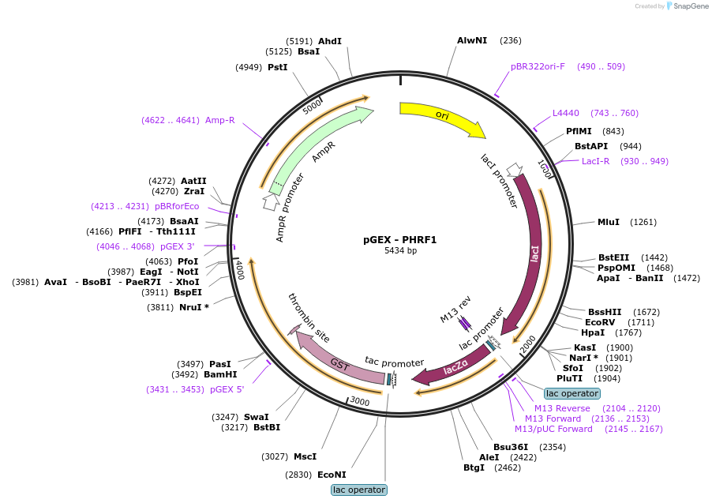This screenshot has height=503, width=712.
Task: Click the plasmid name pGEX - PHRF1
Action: tap(399, 240)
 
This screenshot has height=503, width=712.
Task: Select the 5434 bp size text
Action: tap(400, 250)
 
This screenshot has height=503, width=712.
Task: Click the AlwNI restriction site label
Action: tap(472, 40)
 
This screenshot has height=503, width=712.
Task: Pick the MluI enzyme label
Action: tap(609, 222)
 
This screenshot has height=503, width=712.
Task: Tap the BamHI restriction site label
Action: tap(220, 374)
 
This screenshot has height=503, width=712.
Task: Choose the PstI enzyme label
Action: tap(277, 67)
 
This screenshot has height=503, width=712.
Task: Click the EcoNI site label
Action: tap(332, 475)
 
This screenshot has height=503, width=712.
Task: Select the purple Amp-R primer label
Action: tap(219, 120)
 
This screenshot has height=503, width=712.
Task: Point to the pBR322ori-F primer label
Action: tap(538, 66)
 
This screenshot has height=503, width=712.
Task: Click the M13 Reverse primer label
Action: tap(562, 408)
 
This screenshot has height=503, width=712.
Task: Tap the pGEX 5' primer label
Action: tap(227, 389)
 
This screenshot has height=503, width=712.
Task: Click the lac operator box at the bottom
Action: tap(359, 490)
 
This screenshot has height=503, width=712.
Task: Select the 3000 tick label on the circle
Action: tap(360, 401)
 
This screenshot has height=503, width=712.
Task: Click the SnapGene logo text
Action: tap(691, 6)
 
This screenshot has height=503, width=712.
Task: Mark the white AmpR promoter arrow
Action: tap(271, 201)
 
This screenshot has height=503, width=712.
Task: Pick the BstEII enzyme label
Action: tap(613, 257)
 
